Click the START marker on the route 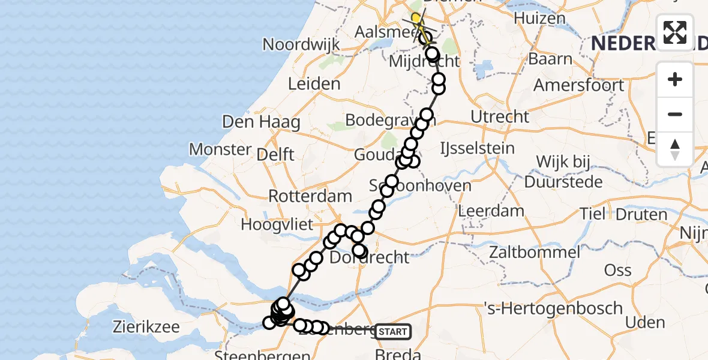tap(393, 331)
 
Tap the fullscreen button tap(675, 32)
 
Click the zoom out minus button tap(675, 114)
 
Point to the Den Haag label tap(261, 122)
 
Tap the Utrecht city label tap(500, 116)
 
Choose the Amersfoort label tap(578, 85)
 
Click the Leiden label tap(314, 84)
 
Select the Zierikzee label tap(146, 327)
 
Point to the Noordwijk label tap(301, 44)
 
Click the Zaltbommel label tap(535, 252)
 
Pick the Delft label tap(275, 154)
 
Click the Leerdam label tap(491, 211)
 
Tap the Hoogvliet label tap(277, 225)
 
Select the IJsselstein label tap(477, 148)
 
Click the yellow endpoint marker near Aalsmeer tap(416, 18)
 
